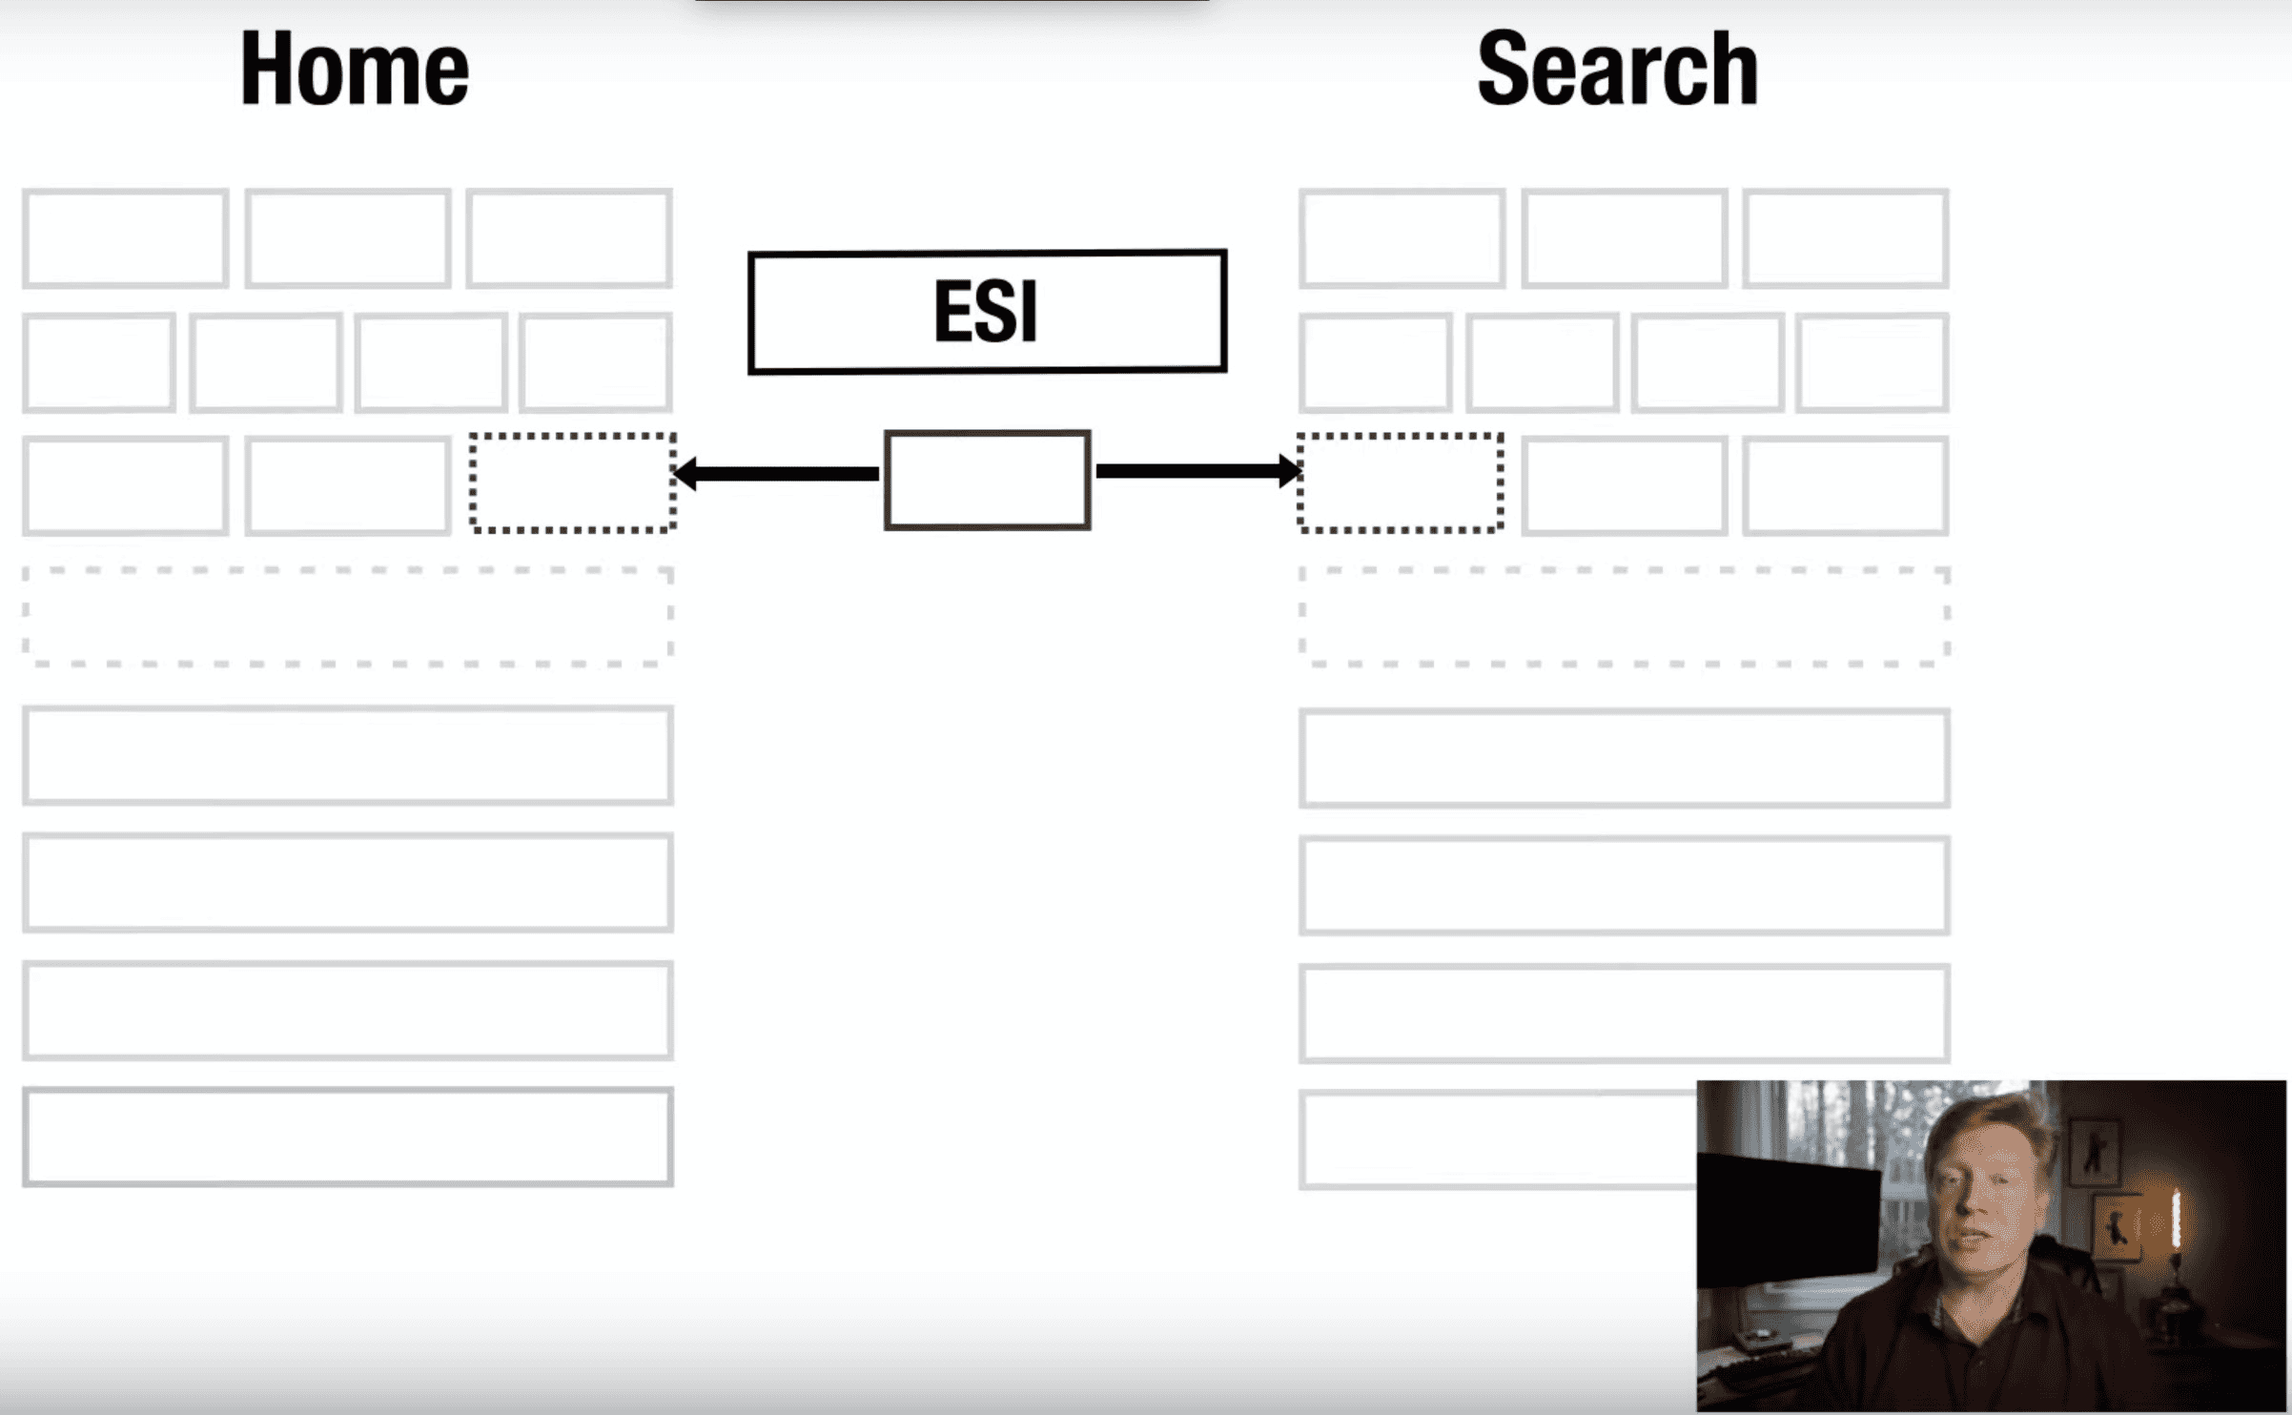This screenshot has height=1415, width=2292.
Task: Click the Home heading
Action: (355, 69)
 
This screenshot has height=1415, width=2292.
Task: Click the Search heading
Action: (1617, 69)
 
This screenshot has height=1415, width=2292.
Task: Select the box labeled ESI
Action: (987, 311)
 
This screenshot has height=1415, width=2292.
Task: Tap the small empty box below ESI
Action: (987, 480)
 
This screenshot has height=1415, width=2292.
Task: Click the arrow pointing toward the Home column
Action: (777, 473)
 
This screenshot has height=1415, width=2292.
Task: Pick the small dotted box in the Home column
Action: (573, 482)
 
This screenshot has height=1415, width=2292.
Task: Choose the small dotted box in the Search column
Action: (1400, 482)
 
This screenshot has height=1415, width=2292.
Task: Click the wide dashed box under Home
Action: (348, 616)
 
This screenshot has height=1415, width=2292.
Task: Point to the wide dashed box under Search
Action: (1624, 616)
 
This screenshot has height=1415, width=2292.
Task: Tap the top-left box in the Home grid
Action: (125, 238)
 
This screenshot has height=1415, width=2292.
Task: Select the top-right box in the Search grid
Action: (1846, 238)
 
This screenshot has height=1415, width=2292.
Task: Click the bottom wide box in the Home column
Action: (348, 1137)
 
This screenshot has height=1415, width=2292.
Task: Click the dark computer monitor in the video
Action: (1788, 1220)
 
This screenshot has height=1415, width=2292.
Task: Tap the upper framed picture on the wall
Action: (2094, 1152)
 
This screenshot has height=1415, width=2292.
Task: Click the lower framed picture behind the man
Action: (2117, 1228)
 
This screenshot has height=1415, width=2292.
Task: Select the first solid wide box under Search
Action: (1624, 758)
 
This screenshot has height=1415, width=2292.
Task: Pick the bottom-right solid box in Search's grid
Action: (1846, 486)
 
